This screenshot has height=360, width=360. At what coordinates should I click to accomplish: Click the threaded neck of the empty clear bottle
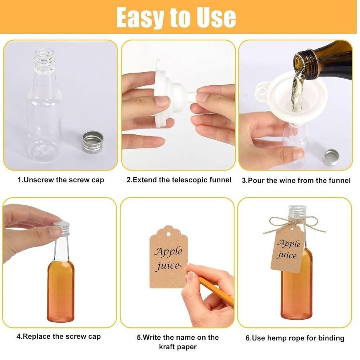coord(45,60)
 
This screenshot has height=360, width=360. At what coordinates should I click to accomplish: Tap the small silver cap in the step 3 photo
coord(332,157)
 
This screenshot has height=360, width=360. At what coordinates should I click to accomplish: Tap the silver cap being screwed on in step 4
coord(62,228)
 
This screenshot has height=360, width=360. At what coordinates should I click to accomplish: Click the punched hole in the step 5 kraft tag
coord(169,234)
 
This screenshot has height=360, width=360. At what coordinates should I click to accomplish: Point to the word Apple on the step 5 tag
coord(168,252)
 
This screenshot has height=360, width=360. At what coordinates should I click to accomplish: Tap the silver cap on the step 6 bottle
coord(297,212)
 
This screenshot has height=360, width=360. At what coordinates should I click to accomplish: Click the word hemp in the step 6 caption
coord(278,338)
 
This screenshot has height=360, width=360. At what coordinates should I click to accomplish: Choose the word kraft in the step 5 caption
coord(168,347)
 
